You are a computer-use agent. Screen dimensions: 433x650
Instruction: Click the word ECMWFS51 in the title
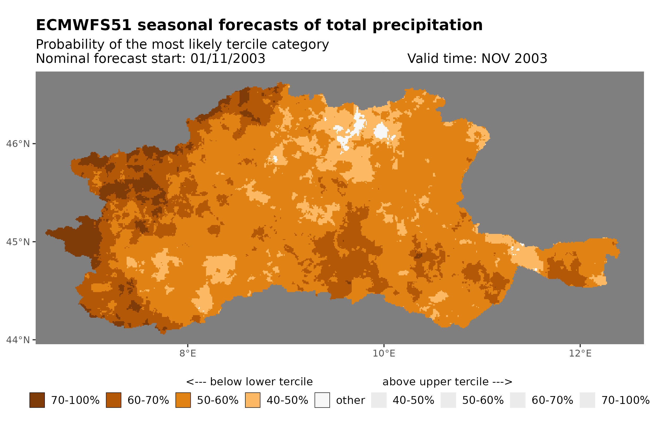click(x=83, y=25)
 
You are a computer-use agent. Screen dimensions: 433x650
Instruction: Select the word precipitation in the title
click(x=427, y=25)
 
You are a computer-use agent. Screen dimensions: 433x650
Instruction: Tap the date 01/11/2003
click(x=227, y=58)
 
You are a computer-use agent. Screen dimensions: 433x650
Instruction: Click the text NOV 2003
click(x=514, y=58)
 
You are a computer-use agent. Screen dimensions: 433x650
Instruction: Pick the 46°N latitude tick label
click(x=18, y=144)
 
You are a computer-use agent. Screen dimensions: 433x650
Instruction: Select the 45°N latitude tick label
click(x=18, y=242)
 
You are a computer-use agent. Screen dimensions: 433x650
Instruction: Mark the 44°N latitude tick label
click(x=18, y=340)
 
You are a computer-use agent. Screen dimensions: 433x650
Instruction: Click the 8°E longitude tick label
click(x=188, y=353)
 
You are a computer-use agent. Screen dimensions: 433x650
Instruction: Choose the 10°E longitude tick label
click(x=384, y=353)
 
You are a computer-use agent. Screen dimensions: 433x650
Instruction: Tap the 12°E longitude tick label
click(x=580, y=353)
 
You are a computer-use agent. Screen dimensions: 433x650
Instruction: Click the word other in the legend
click(x=350, y=401)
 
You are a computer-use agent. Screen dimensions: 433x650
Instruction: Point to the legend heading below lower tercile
click(x=249, y=382)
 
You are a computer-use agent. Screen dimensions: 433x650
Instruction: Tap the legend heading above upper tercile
click(x=447, y=382)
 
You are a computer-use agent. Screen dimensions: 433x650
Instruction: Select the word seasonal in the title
click(x=175, y=25)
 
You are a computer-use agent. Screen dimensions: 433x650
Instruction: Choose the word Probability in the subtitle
click(x=70, y=45)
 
